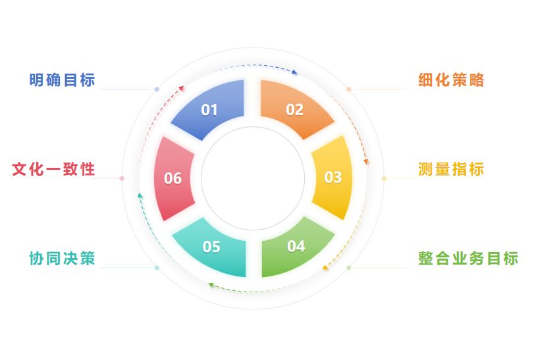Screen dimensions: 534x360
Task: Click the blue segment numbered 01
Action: [x=209, y=109]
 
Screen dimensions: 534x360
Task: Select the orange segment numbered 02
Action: [x=294, y=109]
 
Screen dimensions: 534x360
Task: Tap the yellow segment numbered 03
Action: [x=333, y=177]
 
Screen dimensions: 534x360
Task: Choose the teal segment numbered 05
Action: [x=211, y=247]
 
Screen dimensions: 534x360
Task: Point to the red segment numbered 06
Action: [x=173, y=178]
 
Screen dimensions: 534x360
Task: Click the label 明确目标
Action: [x=63, y=80]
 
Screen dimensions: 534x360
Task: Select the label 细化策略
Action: [x=452, y=80]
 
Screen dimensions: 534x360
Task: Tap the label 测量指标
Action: [x=452, y=169]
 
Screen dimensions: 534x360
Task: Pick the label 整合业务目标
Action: [x=468, y=258]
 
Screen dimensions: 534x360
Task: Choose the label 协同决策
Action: [x=63, y=258]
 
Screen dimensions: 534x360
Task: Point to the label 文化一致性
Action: [x=54, y=169]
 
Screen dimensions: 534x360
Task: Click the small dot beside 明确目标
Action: [x=157, y=89]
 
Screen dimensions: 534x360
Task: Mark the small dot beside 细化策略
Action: [x=349, y=89]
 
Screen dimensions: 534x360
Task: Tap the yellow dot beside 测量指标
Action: [x=384, y=178]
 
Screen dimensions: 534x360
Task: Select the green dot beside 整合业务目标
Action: [x=349, y=267]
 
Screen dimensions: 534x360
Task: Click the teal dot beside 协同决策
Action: [x=157, y=267]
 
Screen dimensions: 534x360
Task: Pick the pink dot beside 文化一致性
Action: [x=122, y=178]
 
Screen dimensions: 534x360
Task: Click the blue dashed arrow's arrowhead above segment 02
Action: [x=294, y=72]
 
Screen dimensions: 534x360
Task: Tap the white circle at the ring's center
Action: [x=253, y=178]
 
